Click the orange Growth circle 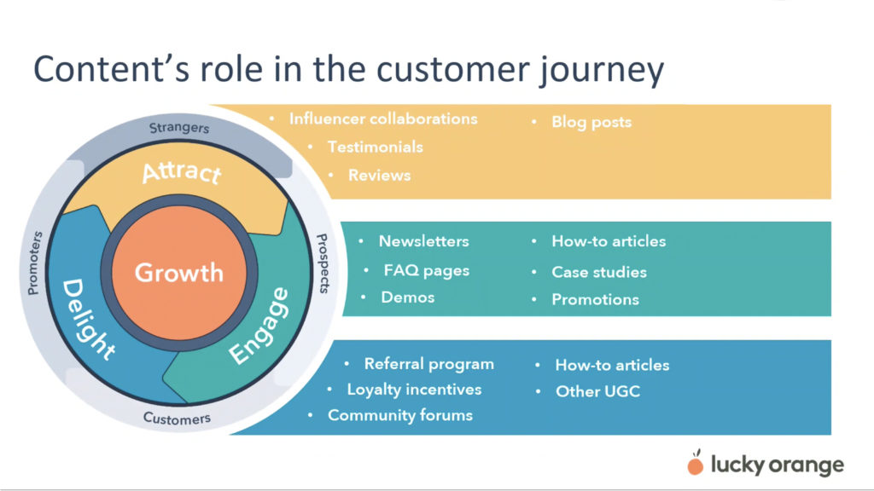point(178,273)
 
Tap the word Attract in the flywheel point(181,171)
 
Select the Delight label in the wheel point(88,318)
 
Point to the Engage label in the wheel point(259,327)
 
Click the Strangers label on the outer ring point(179,128)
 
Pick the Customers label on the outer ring point(177,419)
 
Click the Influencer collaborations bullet point(382,118)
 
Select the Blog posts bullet point(591,122)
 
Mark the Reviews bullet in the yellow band point(379,175)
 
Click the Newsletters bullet point(423,241)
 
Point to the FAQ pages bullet point(427,270)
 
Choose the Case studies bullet point(598,272)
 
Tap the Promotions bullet point(595,299)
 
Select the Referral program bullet point(428,364)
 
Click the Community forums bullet point(400,415)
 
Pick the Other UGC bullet point(597,391)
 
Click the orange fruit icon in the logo point(696,464)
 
